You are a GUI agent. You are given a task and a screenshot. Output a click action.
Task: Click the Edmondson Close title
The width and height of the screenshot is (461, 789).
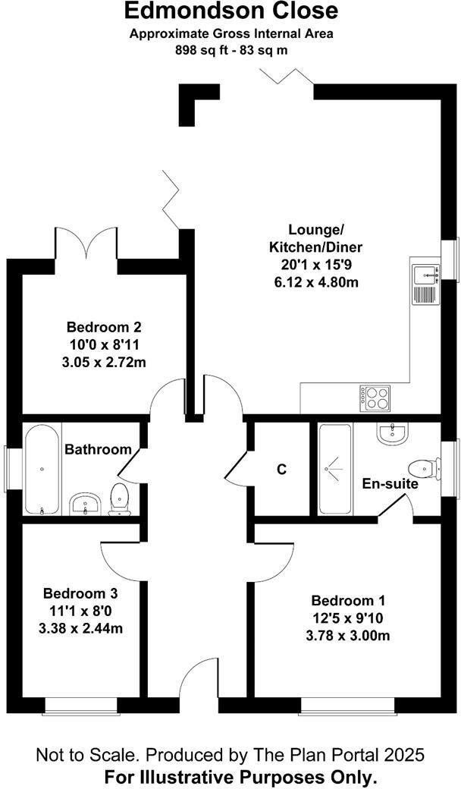click(230, 12)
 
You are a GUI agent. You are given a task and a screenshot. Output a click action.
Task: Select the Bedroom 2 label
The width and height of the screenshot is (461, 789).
click(105, 328)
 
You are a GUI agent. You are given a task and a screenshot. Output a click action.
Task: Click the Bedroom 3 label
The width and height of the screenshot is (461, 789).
click(80, 593)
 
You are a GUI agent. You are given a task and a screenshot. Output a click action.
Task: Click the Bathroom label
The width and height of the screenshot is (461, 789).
click(98, 449)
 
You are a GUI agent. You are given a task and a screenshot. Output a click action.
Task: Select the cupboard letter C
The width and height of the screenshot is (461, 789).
click(281, 470)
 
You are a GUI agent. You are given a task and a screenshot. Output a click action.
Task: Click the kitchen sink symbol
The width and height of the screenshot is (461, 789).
click(425, 284)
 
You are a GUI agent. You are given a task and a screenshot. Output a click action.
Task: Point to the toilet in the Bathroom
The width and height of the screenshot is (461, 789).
click(120, 500)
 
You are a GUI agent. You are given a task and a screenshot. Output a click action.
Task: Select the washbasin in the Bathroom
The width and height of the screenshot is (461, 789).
click(85, 505)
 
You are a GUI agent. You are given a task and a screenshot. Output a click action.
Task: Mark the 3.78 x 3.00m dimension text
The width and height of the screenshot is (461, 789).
click(350, 635)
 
